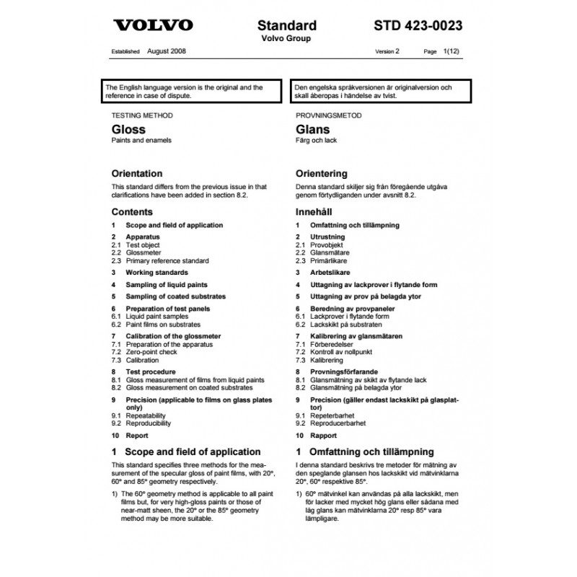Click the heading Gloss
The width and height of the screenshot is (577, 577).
click(x=128, y=130)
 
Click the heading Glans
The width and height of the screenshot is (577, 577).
click(x=312, y=130)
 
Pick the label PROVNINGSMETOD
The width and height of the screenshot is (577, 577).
click(x=329, y=115)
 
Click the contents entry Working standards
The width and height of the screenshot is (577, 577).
click(x=157, y=273)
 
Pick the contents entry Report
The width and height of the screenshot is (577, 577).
click(x=137, y=436)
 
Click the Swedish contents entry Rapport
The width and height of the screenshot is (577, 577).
click(x=322, y=436)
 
